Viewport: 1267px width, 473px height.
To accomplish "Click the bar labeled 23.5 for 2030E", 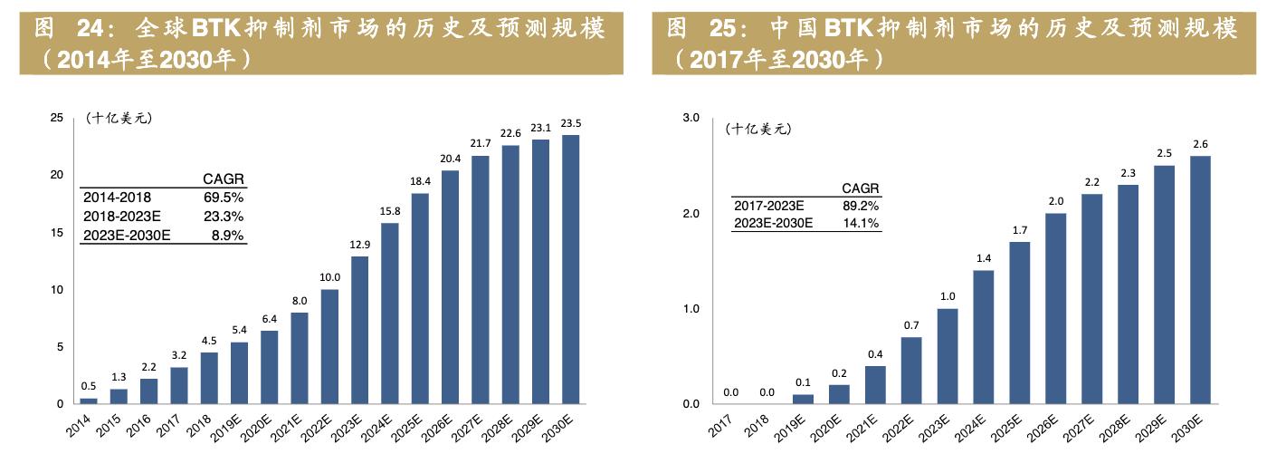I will point(571,269).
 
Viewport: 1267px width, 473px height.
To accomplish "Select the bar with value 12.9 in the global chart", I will point(360,330).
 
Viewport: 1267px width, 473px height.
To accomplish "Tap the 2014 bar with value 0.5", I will point(89,401).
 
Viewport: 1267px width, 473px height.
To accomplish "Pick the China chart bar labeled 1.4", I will point(984,337).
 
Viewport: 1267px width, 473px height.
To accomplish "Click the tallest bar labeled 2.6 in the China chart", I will point(1200,280).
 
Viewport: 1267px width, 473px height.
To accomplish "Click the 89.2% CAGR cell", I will point(861,206).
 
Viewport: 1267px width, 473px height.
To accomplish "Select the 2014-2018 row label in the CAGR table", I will point(117,197).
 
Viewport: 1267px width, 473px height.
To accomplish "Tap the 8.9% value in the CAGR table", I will point(227,235).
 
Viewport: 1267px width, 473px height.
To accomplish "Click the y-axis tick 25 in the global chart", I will point(56,118).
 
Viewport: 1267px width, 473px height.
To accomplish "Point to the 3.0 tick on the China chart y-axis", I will point(691,118).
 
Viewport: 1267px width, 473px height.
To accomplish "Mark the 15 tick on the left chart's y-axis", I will point(56,233).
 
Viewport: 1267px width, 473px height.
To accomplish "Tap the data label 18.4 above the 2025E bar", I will point(421,182).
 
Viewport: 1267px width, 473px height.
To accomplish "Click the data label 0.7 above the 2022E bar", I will point(911,325).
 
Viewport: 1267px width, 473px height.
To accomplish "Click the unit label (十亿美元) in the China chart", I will point(758,129).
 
